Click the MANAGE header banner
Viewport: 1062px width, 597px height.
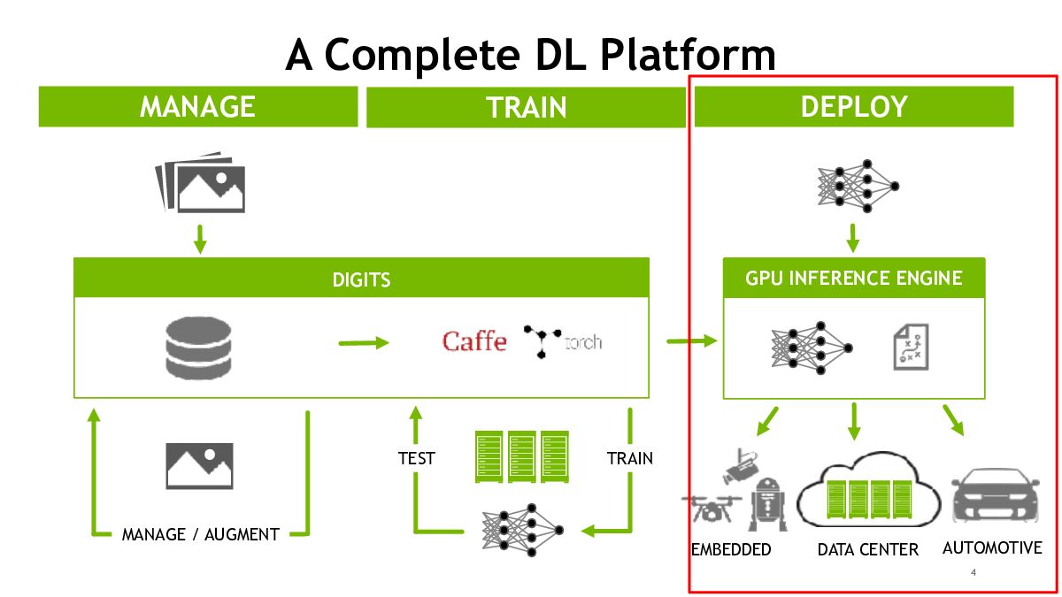click(197, 106)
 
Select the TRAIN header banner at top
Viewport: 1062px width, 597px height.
click(526, 107)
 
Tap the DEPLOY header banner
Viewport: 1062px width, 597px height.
click(854, 106)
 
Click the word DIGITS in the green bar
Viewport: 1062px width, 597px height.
click(361, 279)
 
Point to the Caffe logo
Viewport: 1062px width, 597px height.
click(474, 341)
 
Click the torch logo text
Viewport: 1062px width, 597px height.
click(583, 341)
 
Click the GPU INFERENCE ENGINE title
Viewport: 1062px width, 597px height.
click(854, 278)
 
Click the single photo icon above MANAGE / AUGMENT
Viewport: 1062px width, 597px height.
click(199, 465)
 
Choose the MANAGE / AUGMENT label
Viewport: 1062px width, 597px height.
click(200, 534)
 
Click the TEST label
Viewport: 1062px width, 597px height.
click(416, 458)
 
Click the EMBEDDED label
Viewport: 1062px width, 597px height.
click(731, 549)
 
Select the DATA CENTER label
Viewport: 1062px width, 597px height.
click(868, 549)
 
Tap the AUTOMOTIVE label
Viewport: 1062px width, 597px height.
click(992, 547)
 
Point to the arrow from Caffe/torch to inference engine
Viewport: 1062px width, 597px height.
click(691, 341)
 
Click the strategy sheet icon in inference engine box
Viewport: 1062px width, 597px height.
click(907, 346)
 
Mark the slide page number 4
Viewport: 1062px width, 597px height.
click(973, 573)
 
